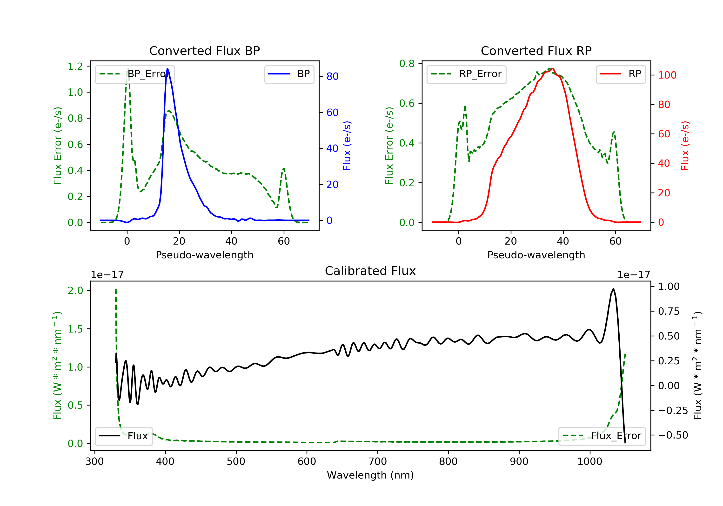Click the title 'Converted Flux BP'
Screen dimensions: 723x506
click(x=204, y=51)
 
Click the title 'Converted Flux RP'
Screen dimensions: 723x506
click(x=536, y=51)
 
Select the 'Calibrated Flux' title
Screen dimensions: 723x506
click(x=370, y=271)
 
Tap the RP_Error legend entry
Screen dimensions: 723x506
click(x=466, y=74)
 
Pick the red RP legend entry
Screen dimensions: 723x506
click(x=621, y=74)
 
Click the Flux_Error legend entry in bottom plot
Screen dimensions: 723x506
click(x=602, y=436)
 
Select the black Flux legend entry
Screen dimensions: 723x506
click(x=124, y=436)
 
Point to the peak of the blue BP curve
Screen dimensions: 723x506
click(x=167, y=68)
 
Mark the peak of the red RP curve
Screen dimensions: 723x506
click(x=553, y=68)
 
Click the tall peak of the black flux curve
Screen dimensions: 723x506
click(x=613, y=288)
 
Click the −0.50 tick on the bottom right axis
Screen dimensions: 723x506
click(x=673, y=435)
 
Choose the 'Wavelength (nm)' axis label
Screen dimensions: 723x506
click(x=370, y=475)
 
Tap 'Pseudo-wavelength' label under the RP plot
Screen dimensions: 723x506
click(x=536, y=255)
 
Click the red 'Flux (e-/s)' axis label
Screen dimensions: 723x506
click(x=685, y=146)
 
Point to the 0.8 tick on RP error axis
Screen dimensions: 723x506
click(x=407, y=64)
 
